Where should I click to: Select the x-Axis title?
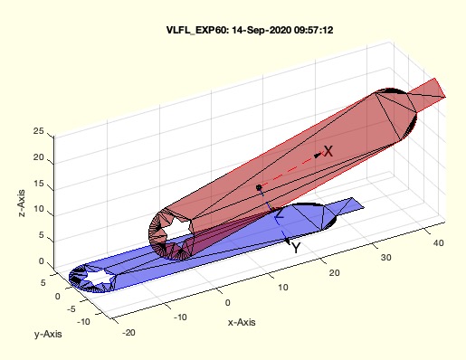point(242,322)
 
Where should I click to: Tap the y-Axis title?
point(48,334)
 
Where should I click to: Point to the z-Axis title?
point(22,204)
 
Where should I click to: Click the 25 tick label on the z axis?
point(38,131)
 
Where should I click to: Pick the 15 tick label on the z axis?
point(38,184)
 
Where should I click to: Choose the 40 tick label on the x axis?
point(438,242)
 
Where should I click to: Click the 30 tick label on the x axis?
point(385,258)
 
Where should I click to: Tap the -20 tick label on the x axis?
point(128,333)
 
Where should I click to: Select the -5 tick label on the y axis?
point(71,309)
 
